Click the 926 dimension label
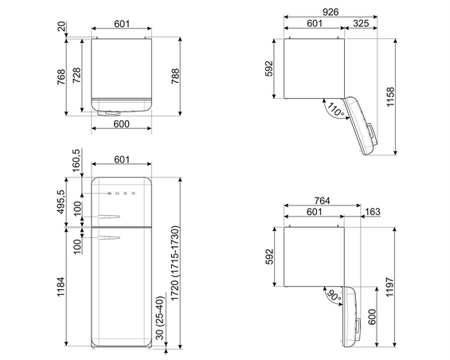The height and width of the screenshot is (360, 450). point(331,12)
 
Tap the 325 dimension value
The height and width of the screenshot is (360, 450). point(361,23)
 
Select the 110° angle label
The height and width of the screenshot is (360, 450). point(335,110)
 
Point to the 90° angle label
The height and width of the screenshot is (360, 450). point(334,296)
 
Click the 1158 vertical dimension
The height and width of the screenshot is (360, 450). point(390,96)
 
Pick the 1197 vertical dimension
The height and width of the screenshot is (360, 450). point(389,287)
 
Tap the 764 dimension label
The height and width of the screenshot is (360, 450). point(322,201)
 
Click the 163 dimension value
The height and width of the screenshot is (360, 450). point(373,212)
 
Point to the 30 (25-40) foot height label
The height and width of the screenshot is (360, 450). point(160,318)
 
